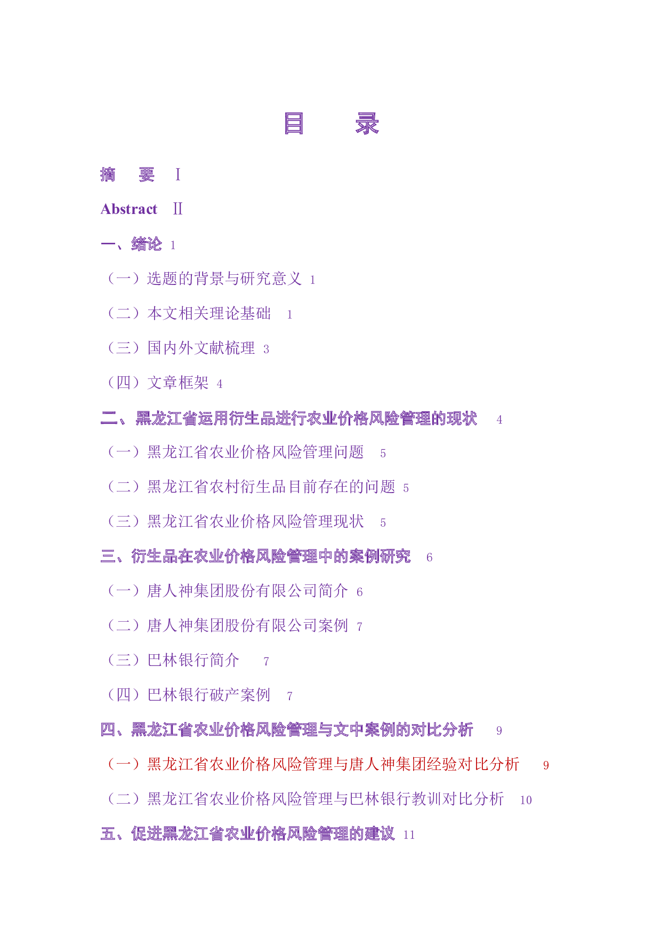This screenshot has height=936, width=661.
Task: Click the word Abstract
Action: [x=129, y=209]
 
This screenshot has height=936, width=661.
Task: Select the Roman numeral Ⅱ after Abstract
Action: [x=178, y=209]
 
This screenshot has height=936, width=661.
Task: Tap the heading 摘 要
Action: [x=127, y=174]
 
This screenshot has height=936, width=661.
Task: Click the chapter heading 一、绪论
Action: [x=131, y=244]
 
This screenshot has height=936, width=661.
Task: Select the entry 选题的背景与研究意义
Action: [x=224, y=279]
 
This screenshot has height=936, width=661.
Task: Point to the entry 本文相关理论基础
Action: [x=208, y=313]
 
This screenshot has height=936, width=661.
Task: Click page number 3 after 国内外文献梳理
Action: [x=266, y=350]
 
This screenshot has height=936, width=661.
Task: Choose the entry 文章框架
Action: [x=178, y=383]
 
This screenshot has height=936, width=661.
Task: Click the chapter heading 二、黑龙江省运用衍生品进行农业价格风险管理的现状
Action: [x=288, y=419]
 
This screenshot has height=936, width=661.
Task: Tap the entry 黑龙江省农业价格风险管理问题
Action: [x=255, y=453]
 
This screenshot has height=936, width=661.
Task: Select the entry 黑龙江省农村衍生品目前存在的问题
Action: [x=271, y=487]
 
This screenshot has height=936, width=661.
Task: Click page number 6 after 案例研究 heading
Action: [x=430, y=558]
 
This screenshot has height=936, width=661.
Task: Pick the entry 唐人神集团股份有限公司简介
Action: [x=247, y=591]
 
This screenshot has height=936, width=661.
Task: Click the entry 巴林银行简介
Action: [x=193, y=660]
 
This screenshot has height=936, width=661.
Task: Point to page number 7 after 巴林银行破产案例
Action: [x=289, y=696]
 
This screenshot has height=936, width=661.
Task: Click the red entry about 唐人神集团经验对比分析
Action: [x=333, y=764]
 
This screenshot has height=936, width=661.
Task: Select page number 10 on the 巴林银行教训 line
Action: [x=526, y=800]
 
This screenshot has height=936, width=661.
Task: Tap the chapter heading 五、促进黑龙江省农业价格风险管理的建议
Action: [x=247, y=834]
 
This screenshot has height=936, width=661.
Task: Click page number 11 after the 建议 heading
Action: [x=409, y=835]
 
